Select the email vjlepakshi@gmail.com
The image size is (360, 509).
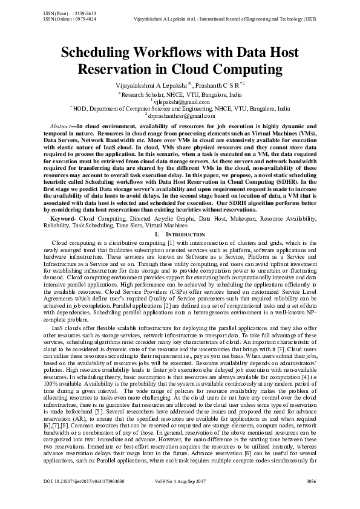tap(180, 102)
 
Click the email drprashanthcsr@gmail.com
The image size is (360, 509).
tap(182, 115)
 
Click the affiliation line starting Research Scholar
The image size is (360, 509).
tap(179, 96)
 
